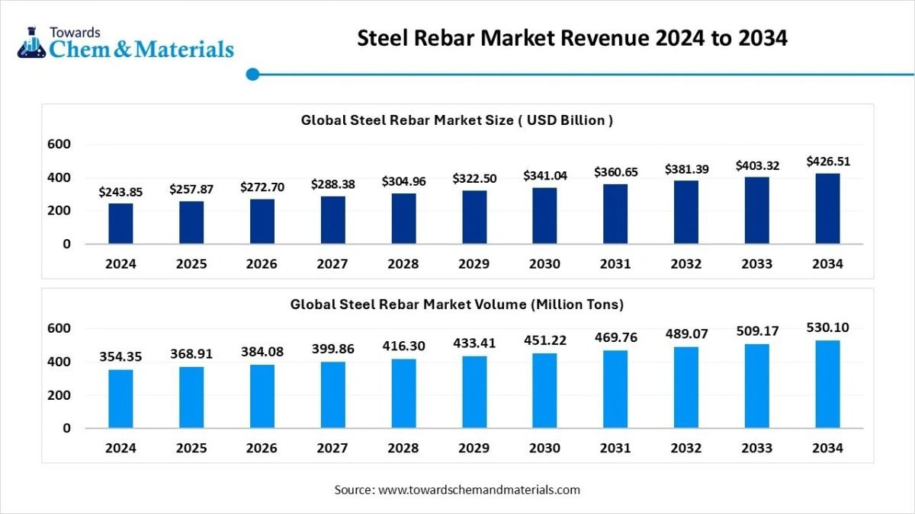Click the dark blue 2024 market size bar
point(120,223)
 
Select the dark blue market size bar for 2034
point(827,209)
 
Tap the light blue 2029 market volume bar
point(474,391)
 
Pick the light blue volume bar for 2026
point(262,396)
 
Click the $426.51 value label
point(828,161)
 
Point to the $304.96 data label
point(403,182)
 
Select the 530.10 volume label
point(828,327)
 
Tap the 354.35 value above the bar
point(120,357)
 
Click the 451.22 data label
point(544,340)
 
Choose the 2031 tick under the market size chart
point(615,264)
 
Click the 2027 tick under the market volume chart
point(332,449)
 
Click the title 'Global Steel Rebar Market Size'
point(457,120)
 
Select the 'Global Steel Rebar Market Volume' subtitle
point(457,305)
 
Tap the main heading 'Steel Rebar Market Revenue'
point(572,39)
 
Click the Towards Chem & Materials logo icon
point(31,44)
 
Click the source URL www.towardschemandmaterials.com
point(479,490)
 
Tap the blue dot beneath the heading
point(253,74)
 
